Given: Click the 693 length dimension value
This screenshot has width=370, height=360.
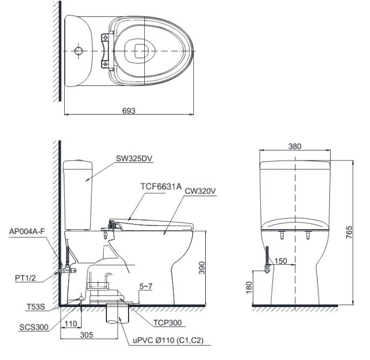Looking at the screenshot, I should pos(129,110).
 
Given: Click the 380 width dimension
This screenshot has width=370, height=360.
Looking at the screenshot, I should pos(295,146).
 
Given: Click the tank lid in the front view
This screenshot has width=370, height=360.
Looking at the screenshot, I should pos(295,164).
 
